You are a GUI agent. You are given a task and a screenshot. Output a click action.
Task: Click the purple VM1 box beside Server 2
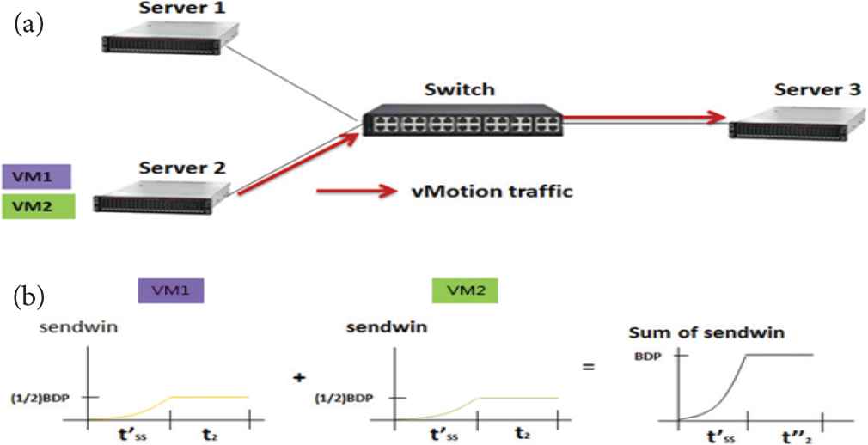[x=36, y=177]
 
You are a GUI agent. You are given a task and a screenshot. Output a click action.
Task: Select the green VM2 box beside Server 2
[x=36, y=205]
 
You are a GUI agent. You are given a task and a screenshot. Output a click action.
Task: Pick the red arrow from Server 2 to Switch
[x=297, y=163]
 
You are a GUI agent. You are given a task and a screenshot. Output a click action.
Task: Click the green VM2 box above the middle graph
[x=457, y=291]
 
